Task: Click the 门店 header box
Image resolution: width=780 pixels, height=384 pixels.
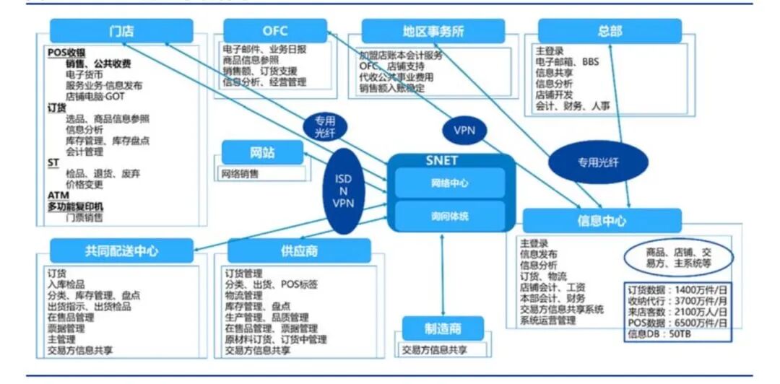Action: pos(121,31)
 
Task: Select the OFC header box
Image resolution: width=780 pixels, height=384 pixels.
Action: pos(275,31)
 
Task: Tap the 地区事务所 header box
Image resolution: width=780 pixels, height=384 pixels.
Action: pos(433,31)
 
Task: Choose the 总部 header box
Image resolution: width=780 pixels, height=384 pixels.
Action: pos(610,31)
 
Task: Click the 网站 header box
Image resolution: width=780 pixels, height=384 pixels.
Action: pos(262,152)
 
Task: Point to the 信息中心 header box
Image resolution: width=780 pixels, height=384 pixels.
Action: pos(602,221)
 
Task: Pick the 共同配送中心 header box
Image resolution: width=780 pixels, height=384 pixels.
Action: pos(121,250)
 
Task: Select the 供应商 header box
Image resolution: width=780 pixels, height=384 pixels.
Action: pos(299,250)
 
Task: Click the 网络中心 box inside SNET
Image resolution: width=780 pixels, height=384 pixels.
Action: pos(449,183)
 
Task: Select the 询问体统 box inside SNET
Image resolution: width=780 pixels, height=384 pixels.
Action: pos(449,215)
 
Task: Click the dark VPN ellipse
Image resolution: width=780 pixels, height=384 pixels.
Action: pos(464,131)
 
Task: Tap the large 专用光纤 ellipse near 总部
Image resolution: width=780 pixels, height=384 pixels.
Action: pos(597,162)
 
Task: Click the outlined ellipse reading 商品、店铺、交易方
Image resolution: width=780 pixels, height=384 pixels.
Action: pos(678,258)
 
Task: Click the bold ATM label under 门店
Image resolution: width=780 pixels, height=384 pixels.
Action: pos(58,195)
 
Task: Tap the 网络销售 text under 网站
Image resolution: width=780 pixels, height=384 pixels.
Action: pos(240,174)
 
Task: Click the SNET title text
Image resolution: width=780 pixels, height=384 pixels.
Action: pos(441,161)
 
